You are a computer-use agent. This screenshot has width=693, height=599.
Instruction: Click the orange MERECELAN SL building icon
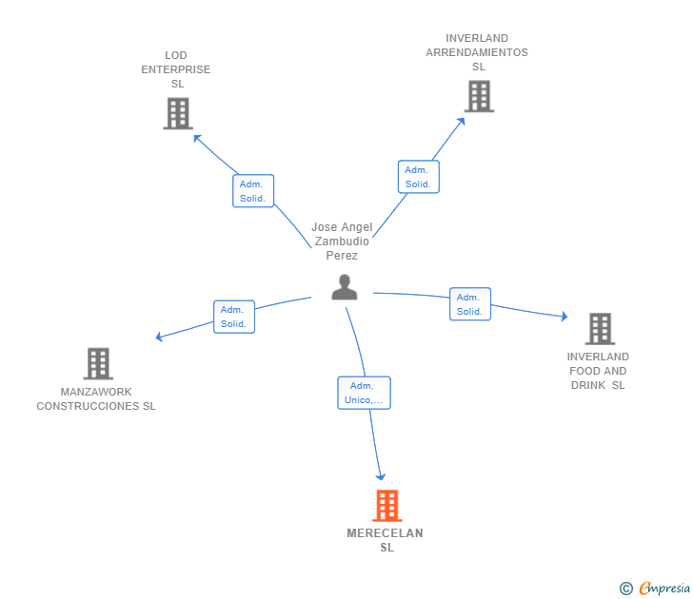pos(386,506)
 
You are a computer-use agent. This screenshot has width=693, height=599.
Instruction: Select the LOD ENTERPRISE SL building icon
pos(178,113)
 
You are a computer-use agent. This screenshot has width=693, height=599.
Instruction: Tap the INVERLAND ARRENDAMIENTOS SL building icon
pos(479,96)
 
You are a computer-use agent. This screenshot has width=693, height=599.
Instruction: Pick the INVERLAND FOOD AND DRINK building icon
pos(600,328)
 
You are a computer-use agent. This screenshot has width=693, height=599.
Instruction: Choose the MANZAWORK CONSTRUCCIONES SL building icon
pos(98,363)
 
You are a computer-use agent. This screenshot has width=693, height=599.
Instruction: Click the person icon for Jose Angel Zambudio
pos(345,286)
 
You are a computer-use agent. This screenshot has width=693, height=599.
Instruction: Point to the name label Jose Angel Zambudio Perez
pos(342,242)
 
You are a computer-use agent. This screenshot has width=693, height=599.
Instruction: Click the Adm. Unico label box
pos(364,393)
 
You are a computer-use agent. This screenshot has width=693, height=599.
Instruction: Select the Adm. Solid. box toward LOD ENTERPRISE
pos(253,191)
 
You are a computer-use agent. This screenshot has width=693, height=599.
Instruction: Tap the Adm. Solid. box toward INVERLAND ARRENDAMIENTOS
pos(418,177)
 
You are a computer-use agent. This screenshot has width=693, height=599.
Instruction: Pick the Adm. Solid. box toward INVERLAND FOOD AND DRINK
pos(469,304)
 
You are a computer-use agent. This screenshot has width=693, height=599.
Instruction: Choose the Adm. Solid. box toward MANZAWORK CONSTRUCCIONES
pos(233,317)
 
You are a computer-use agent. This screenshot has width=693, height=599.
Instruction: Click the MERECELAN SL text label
pos(386,540)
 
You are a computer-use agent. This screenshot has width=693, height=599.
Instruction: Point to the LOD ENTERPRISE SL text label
pos(176,69)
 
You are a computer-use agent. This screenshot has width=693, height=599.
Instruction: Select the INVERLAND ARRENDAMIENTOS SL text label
pos(477,52)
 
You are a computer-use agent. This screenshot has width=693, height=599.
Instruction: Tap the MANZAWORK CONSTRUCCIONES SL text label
pos(96,399)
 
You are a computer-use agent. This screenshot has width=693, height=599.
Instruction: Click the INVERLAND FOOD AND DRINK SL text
pos(599,371)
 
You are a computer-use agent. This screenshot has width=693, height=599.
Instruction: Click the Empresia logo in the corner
pos(656,589)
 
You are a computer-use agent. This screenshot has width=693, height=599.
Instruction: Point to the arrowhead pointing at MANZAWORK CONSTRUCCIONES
pos(160,337)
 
